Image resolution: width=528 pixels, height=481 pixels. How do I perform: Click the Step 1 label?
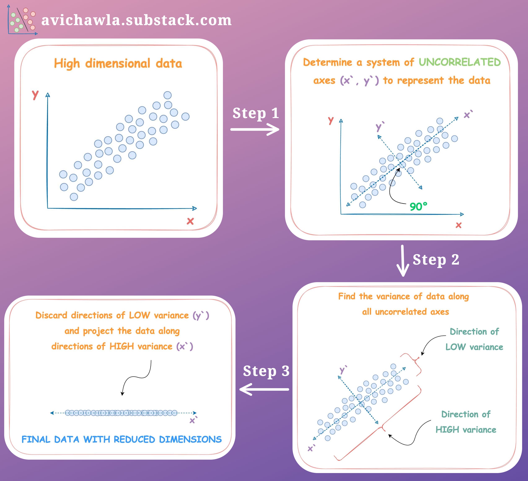click(256, 113)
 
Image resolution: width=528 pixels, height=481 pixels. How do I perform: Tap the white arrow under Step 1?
click(255, 129)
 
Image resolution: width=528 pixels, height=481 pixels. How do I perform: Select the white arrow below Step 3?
click(264, 389)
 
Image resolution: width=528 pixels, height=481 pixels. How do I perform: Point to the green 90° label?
click(418, 206)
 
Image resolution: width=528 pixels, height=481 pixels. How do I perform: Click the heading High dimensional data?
click(118, 64)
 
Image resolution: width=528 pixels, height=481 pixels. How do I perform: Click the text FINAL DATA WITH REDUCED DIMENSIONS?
click(122, 439)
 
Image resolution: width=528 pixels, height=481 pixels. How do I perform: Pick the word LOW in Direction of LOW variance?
click(456, 347)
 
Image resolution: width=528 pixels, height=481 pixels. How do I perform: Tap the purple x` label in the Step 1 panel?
click(468, 114)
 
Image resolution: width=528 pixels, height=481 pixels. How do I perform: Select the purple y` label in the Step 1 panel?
click(379, 127)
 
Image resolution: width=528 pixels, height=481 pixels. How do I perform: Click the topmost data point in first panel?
click(167, 95)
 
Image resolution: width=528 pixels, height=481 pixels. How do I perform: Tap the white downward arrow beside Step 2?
click(402, 261)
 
